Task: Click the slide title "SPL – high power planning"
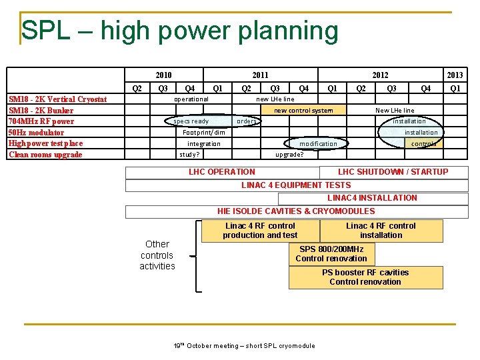point(180,31)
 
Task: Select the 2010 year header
point(163,75)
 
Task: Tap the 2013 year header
point(455,75)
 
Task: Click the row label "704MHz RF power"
point(41,121)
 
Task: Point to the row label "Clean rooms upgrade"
point(45,155)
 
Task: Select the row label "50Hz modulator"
point(37,133)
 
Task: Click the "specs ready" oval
point(191,121)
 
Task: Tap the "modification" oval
point(318,143)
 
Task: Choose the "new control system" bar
point(303,110)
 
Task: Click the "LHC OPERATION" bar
point(222,172)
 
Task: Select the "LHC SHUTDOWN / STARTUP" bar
point(393,172)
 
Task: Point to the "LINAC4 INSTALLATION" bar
point(372,198)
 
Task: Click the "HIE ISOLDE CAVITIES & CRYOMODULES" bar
point(296,211)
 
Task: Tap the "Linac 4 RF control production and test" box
point(260,231)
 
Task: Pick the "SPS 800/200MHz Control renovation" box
point(331,254)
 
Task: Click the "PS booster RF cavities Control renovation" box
point(365,277)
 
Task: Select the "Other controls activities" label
point(157,255)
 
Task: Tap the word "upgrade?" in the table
point(289,155)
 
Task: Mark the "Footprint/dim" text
point(204,133)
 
